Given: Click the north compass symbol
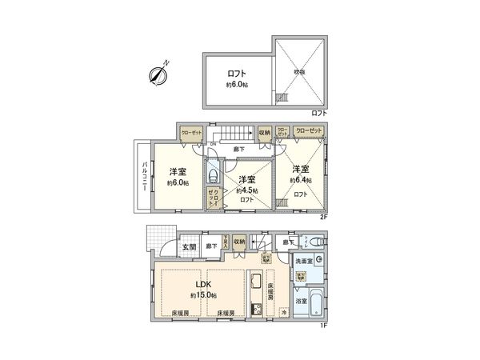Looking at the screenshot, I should click(x=158, y=75).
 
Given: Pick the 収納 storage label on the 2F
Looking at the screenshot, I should click(x=264, y=134).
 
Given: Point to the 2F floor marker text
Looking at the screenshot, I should click(x=324, y=217).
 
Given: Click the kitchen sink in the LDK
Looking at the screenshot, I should click(x=255, y=284).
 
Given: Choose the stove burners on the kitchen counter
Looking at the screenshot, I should click(x=255, y=310).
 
